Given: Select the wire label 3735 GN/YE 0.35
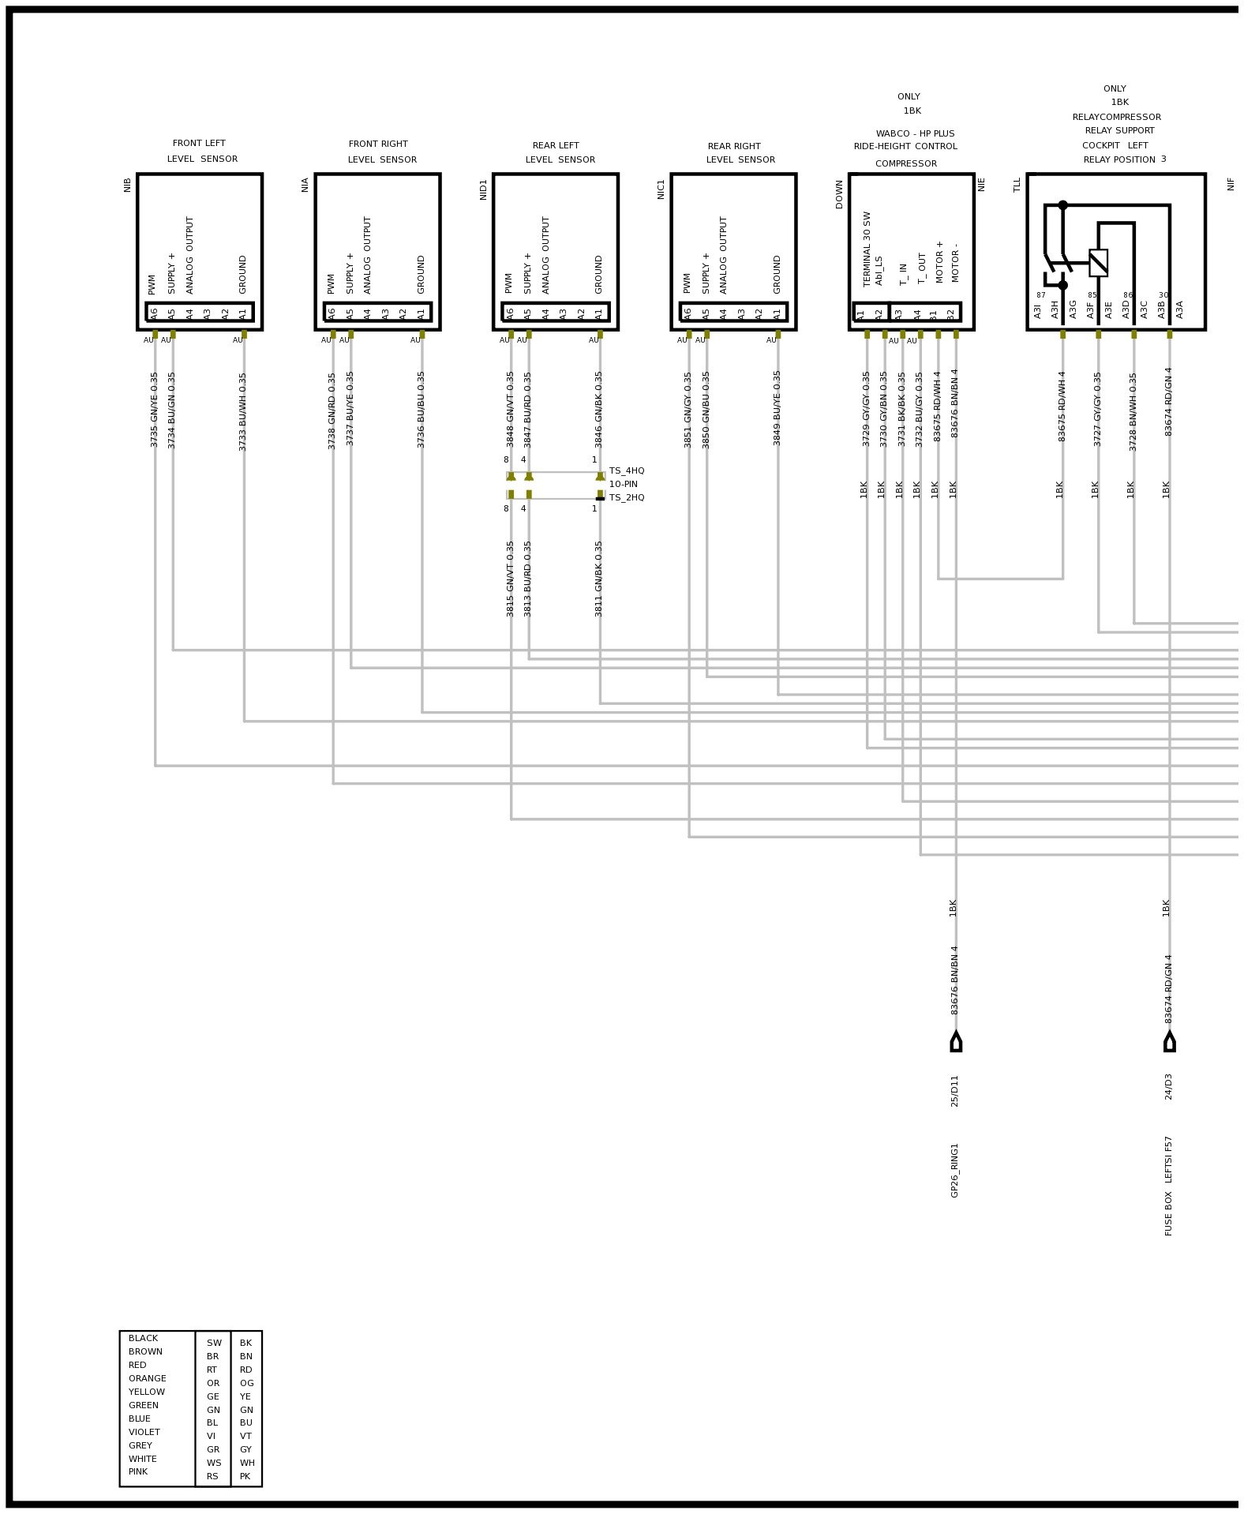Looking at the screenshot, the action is (x=155, y=410).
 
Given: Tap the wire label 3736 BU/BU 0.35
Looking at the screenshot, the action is (x=422, y=410).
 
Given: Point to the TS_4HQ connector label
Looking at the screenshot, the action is (x=627, y=471).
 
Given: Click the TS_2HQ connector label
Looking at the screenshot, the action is (x=627, y=498).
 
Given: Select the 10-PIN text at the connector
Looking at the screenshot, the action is (x=623, y=485).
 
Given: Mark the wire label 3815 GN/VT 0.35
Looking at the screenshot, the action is (x=511, y=579).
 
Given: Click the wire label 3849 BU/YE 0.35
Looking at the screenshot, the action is (x=777, y=408).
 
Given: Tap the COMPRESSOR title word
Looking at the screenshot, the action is (x=905, y=164).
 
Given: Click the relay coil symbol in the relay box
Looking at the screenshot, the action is (x=1098, y=263).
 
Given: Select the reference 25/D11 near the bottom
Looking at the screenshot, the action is (x=955, y=1090).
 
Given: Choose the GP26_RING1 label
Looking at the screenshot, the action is (x=955, y=1170).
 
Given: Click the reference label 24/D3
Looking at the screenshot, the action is (x=1169, y=1086).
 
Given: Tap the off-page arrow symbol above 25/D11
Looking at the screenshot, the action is (x=956, y=1042).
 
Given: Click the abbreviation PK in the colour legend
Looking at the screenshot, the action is (x=245, y=1476).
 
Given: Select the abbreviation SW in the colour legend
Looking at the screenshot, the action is (x=214, y=1343).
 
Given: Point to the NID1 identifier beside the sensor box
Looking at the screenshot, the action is (x=484, y=189).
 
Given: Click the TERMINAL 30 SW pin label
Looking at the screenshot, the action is (x=867, y=249).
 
